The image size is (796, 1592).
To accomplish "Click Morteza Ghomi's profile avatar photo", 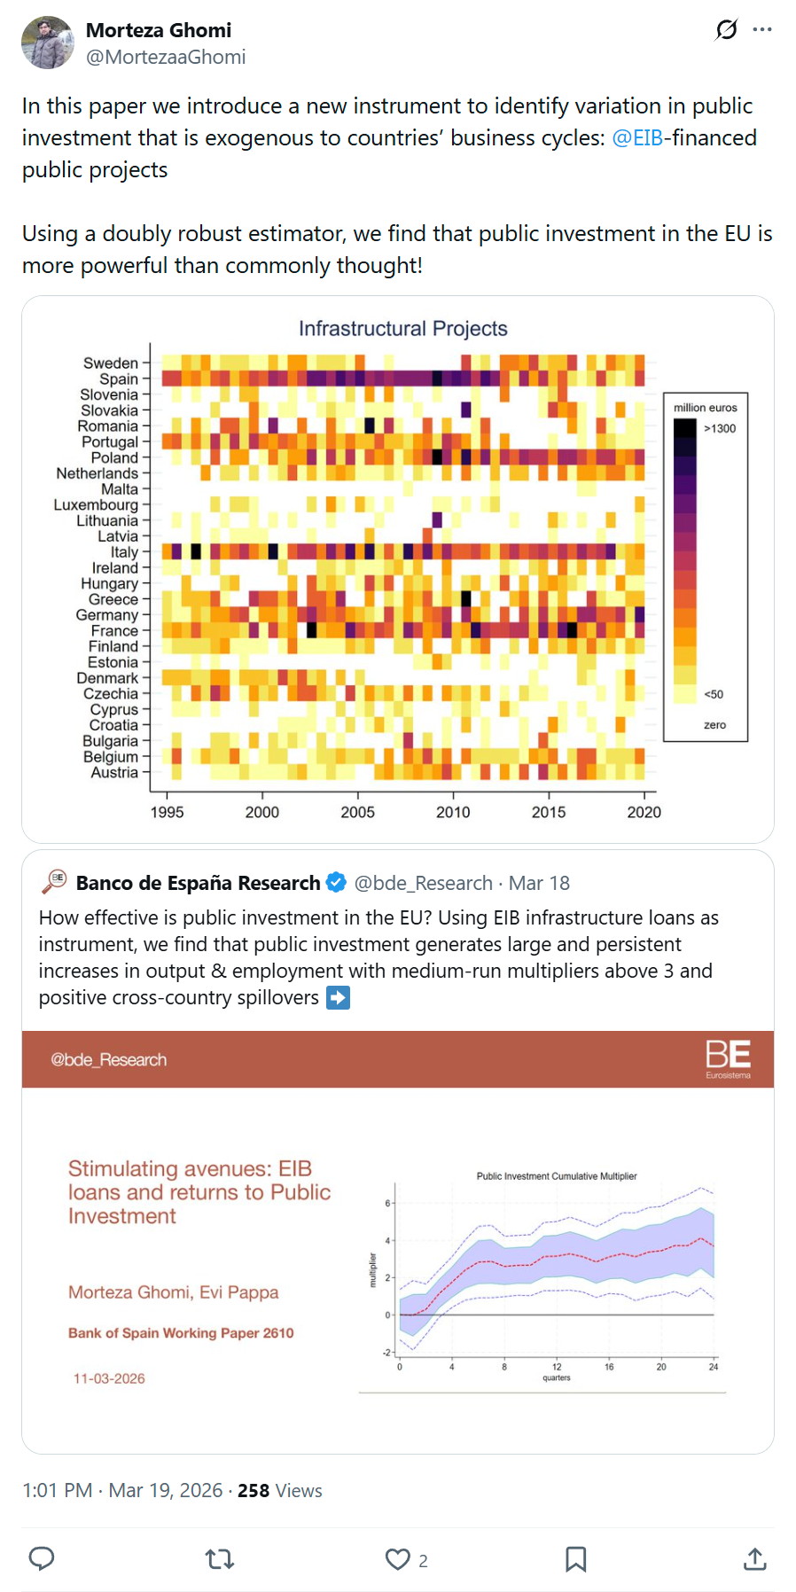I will point(48,43).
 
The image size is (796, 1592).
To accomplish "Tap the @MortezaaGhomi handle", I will point(166,58).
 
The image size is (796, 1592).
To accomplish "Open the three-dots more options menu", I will point(761,30).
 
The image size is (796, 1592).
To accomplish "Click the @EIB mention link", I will point(636,138).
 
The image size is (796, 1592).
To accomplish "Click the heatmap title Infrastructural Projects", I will point(402,329).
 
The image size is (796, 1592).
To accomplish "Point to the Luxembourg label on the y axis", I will point(96,505).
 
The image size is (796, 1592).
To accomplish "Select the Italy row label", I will point(124,552).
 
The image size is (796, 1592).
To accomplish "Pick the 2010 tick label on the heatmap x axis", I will point(453,812).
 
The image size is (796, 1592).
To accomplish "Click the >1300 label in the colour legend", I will point(720,429).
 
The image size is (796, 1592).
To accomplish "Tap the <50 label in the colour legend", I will point(714,694).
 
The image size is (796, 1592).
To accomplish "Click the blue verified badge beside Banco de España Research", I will point(336,883).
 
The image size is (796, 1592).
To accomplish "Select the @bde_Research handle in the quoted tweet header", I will point(423,884).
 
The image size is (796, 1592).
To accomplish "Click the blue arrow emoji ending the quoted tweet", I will point(338,998).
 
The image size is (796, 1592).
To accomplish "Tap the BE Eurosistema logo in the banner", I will point(728,1058).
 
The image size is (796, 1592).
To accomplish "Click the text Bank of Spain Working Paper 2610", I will point(181,1333).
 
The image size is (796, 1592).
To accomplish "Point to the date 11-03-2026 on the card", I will point(109,1378).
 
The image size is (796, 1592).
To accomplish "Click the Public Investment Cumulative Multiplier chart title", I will point(557,1176).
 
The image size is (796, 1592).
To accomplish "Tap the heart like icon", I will point(398,1559).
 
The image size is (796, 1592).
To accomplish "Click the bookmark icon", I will point(575,1559).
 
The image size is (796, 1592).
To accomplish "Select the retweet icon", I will point(220,1559).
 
